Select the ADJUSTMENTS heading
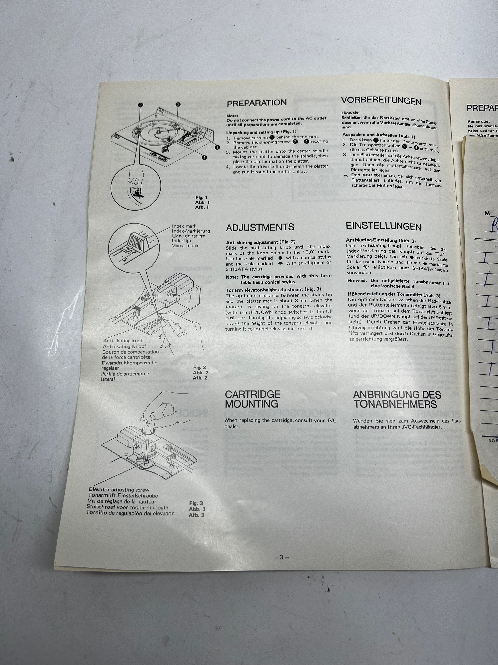[x=260, y=227]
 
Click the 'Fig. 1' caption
[x=201, y=198]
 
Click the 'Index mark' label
[x=184, y=226]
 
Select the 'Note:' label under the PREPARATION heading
[x=232, y=115]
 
